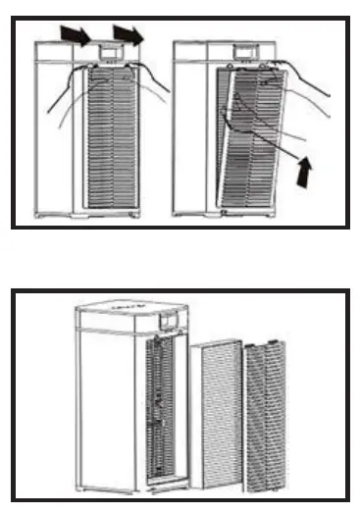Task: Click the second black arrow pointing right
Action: point(128,34)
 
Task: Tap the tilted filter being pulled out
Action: point(250,137)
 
